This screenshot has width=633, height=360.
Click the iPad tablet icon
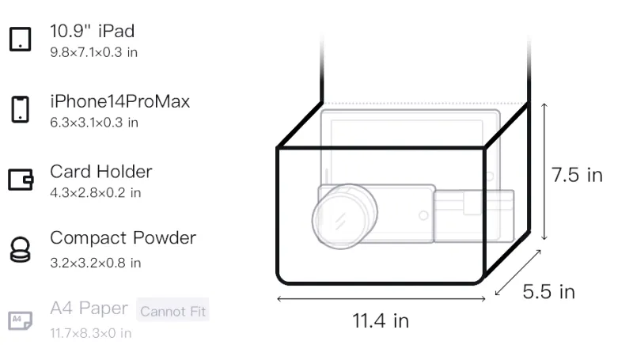coord(21,39)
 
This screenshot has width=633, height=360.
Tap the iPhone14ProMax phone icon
coord(21,109)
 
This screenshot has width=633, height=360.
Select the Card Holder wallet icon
coord(21,179)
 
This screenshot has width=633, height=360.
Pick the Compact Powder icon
coord(21,250)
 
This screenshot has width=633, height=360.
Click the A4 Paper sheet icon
coord(21,320)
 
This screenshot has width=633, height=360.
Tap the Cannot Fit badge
coord(172,311)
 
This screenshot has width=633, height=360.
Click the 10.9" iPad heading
coord(92,31)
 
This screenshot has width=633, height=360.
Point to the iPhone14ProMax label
coord(120,101)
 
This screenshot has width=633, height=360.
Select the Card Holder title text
coord(101,172)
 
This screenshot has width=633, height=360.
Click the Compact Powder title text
coord(123,238)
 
